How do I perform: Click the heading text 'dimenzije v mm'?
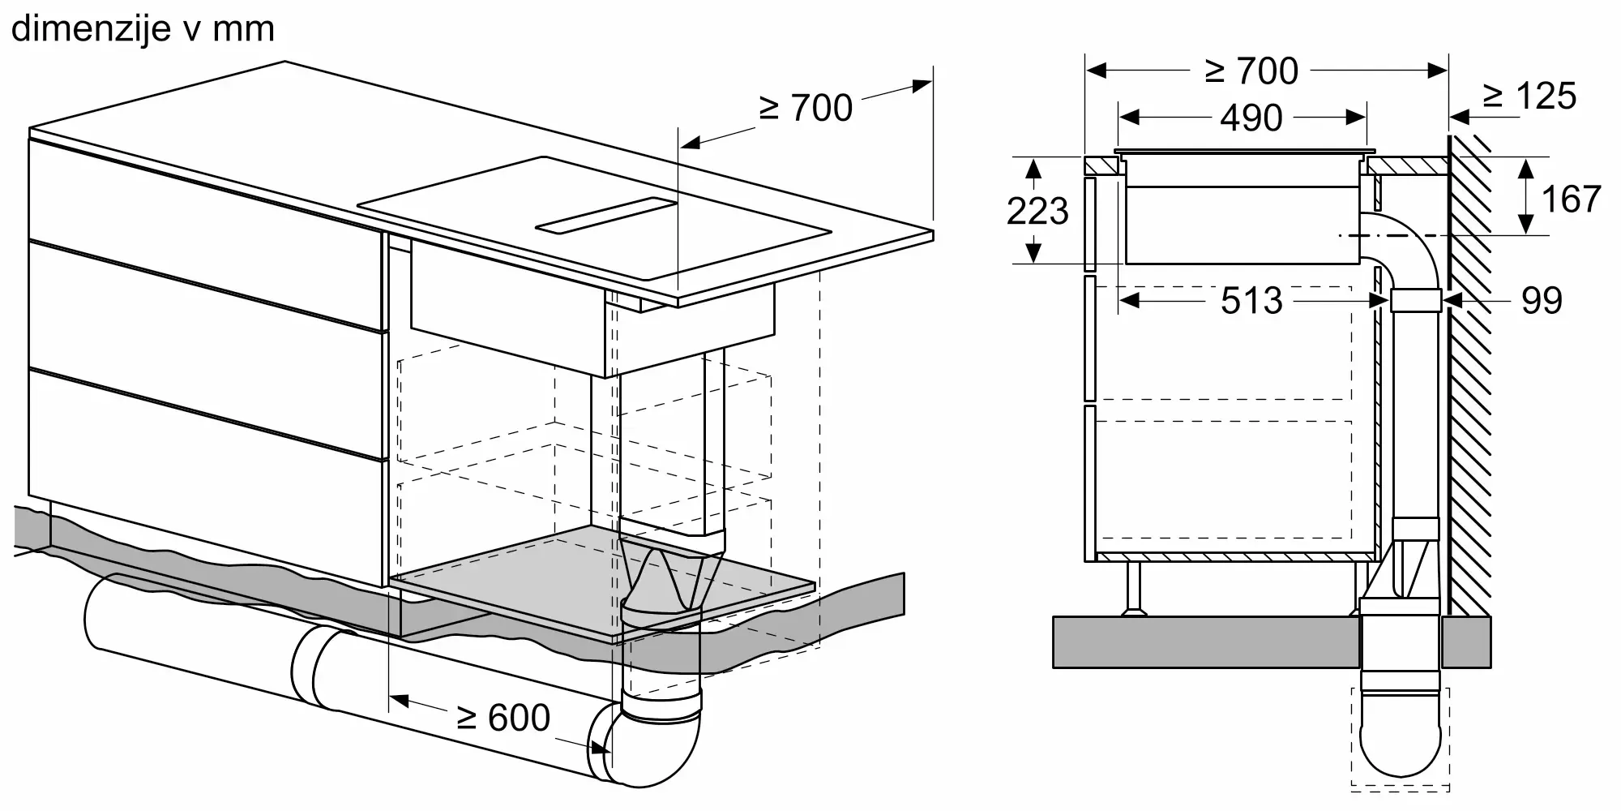tap(143, 29)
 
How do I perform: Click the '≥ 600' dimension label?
tap(503, 717)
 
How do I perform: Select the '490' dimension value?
tap(1251, 118)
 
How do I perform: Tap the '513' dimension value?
tap(1251, 301)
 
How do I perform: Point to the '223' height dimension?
tap(1037, 212)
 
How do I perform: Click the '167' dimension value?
tap(1570, 200)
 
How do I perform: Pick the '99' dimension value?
tap(1541, 301)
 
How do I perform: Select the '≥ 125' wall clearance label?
tap(1529, 96)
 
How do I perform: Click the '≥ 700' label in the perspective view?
tap(805, 109)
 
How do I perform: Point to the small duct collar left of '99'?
tap(1415, 301)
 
